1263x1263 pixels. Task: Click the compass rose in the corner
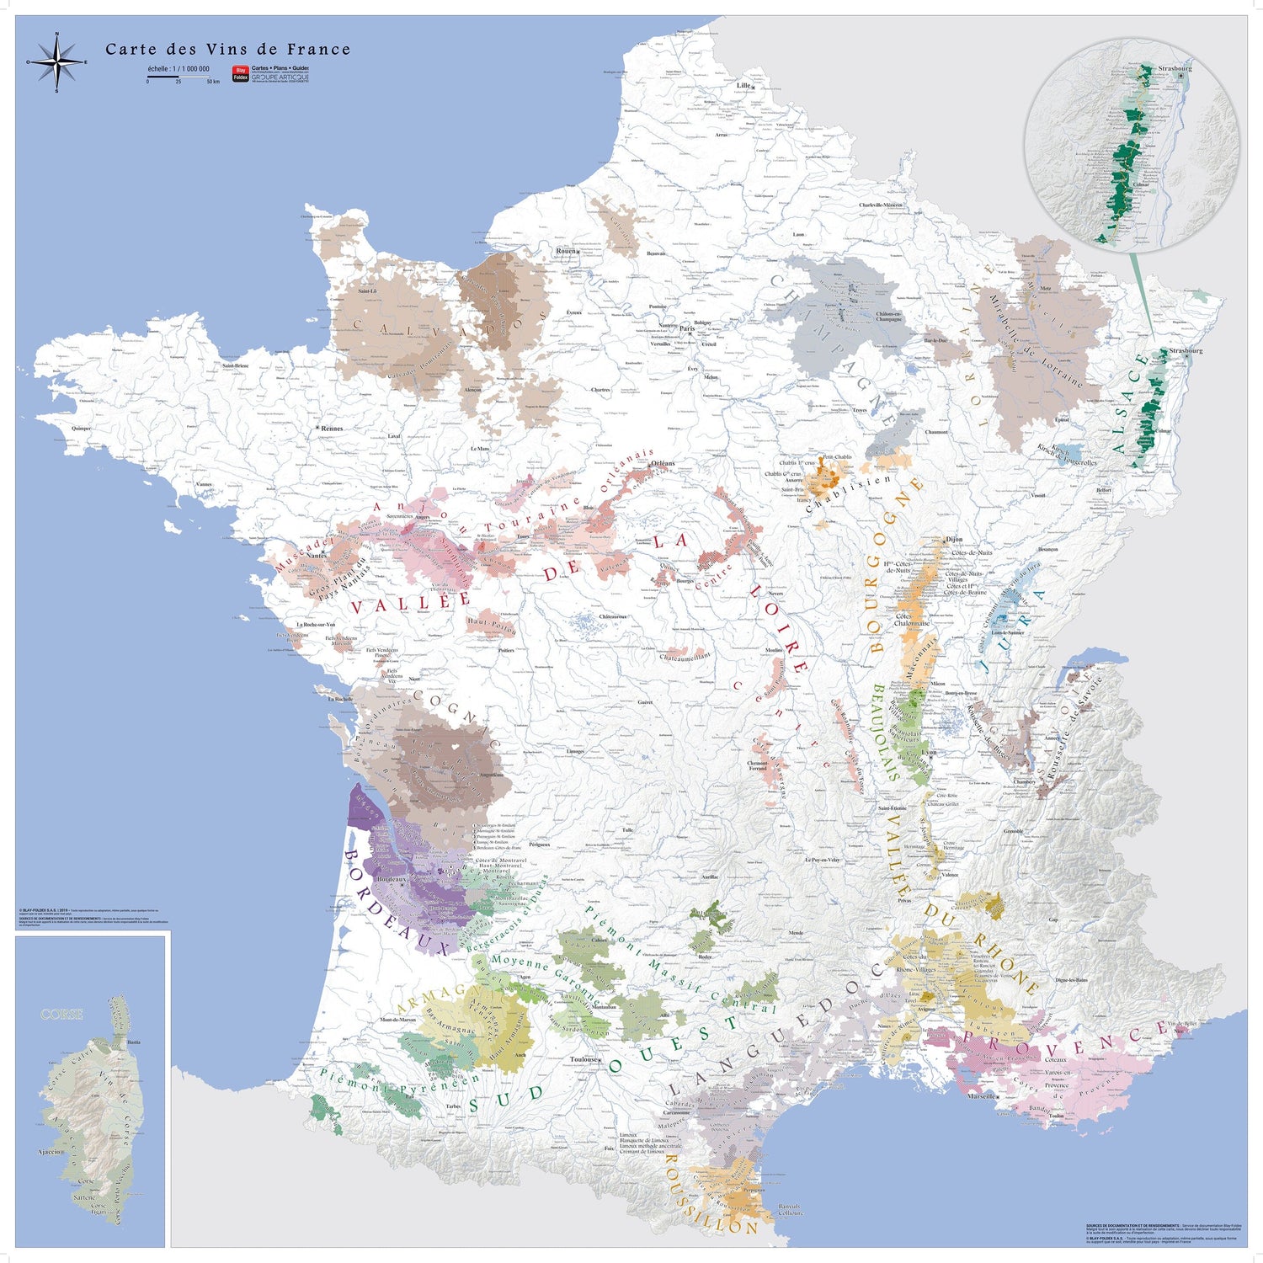click(x=56, y=62)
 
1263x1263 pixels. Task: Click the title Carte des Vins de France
click(x=227, y=50)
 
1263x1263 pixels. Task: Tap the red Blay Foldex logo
click(x=241, y=74)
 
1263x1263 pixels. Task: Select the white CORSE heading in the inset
click(x=62, y=1015)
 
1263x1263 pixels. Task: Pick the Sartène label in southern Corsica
click(x=84, y=1197)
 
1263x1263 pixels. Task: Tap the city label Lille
click(x=743, y=86)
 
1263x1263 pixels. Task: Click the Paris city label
click(x=688, y=328)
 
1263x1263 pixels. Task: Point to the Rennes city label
click(x=332, y=429)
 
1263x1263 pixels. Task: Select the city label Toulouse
click(x=585, y=1059)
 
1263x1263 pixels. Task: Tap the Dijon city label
click(x=954, y=539)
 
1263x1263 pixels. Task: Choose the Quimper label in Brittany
click(x=82, y=429)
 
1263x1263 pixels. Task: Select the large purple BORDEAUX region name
click(x=396, y=901)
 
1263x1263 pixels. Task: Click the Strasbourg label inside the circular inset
click(x=1175, y=68)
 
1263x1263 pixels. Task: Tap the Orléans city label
click(x=663, y=464)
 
